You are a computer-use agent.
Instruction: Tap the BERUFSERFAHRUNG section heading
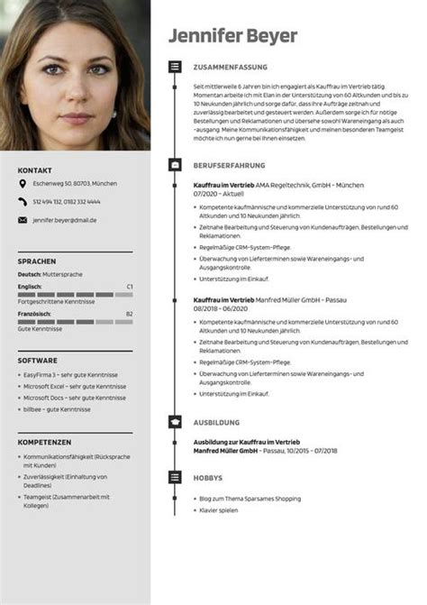click(229, 166)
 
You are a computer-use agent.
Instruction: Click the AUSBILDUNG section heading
click(216, 422)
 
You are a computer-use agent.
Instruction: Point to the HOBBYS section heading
click(209, 478)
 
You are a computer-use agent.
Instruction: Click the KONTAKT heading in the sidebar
click(34, 170)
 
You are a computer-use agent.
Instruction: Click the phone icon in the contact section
click(23, 202)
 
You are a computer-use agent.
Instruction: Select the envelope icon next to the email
click(23, 219)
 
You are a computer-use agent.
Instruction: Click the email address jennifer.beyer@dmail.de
click(65, 219)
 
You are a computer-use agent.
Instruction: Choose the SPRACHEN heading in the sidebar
click(37, 261)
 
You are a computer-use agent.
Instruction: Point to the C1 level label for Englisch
click(130, 286)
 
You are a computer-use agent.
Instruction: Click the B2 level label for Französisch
click(130, 313)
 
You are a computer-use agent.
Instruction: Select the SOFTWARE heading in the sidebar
click(38, 360)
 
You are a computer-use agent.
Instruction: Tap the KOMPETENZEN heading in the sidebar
click(44, 442)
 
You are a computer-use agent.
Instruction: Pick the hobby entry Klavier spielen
click(219, 510)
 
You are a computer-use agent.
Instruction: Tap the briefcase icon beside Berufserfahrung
click(174, 166)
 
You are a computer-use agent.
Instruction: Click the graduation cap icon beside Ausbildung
click(174, 422)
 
